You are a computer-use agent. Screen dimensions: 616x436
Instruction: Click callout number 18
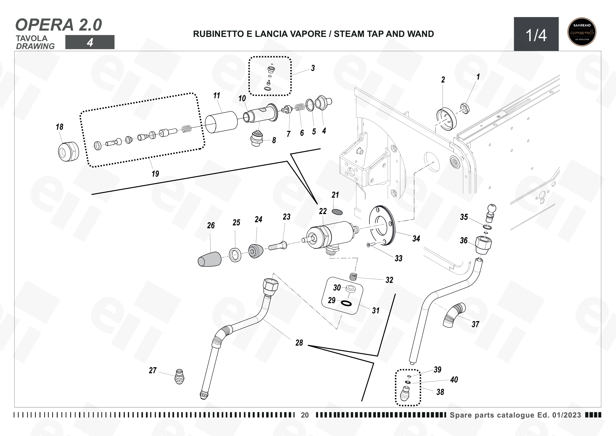[60, 127]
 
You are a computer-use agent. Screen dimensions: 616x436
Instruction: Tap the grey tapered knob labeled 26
[210, 259]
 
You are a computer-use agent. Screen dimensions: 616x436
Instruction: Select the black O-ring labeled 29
[346, 303]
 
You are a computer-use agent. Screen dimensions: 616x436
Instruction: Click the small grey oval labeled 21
[337, 212]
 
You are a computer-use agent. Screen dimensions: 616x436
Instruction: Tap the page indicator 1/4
[536, 35]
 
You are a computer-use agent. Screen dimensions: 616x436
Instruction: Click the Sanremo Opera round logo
[582, 32]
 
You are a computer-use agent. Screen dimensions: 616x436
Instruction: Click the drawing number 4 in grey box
[90, 42]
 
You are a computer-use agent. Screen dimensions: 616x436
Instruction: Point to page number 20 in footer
[305, 415]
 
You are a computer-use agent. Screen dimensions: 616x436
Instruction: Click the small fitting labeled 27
[180, 377]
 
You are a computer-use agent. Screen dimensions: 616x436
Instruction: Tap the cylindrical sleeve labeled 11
[221, 122]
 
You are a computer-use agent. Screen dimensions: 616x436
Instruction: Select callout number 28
[299, 343]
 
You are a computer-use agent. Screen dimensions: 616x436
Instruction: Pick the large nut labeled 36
[484, 245]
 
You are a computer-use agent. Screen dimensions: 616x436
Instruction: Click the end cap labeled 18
[68, 152]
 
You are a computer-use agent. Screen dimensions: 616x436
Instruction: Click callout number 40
[454, 380]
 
